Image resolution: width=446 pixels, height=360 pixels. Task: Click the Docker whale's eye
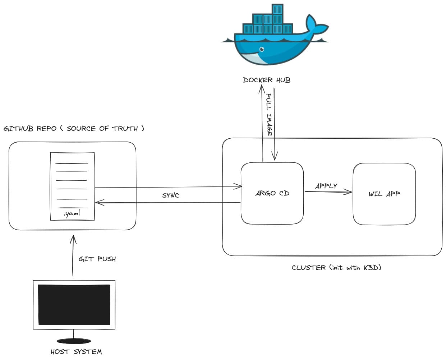click(262, 49)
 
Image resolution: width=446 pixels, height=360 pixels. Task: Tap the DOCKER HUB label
click(266, 80)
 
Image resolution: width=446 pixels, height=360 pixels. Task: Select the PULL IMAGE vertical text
click(269, 114)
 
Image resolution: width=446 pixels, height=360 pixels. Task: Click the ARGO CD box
click(272, 193)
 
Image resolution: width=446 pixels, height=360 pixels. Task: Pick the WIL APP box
click(384, 194)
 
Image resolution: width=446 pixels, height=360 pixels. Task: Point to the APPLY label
click(326, 186)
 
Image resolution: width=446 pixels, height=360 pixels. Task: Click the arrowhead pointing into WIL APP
click(349, 192)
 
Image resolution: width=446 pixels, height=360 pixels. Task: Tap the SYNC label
click(170, 195)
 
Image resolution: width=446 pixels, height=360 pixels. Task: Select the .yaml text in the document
click(72, 213)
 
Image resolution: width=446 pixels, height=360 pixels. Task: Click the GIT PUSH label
click(97, 259)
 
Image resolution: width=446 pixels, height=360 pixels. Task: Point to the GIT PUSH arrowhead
click(73, 239)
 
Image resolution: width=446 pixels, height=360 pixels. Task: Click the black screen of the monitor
click(74, 305)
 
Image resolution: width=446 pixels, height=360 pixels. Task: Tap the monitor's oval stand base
click(74, 341)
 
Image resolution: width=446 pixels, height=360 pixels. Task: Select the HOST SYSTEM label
click(76, 352)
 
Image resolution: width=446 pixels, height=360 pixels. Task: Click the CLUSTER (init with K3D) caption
click(336, 267)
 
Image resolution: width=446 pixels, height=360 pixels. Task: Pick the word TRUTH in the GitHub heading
click(125, 128)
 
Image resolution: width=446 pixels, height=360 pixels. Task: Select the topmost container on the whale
click(277, 10)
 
